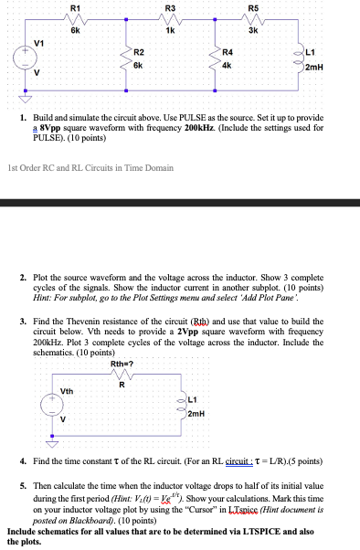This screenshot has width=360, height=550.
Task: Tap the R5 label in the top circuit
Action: point(253,9)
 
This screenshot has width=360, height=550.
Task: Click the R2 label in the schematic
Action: point(139,54)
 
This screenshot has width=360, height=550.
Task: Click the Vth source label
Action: point(68,391)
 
